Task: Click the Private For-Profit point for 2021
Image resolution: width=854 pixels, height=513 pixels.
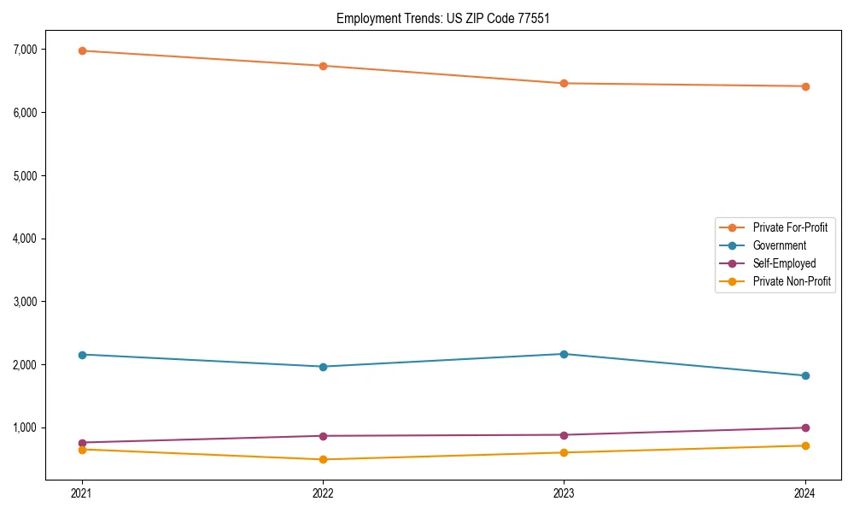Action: click(82, 50)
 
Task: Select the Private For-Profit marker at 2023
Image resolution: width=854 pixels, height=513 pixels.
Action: click(564, 83)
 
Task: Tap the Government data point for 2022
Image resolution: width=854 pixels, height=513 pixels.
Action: click(323, 367)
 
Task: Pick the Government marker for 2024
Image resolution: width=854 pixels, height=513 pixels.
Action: click(805, 375)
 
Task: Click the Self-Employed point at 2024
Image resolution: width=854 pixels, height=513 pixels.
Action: click(805, 427)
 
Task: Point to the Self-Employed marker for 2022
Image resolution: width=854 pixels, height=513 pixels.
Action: click(323, 436)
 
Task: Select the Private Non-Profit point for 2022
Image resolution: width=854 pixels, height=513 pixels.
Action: click(323, 459)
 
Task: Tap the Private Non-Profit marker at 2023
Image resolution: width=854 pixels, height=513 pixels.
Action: click(564, 452)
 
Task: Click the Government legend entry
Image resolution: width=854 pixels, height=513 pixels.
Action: click(779, 245)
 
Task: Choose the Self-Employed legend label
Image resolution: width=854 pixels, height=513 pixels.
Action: click(784, 263)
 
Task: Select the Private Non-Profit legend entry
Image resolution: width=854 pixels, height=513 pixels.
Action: click(792, 281)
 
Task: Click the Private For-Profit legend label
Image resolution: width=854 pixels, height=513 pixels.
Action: click(790, 227)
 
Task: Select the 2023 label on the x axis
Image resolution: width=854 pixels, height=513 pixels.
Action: click(564, 493)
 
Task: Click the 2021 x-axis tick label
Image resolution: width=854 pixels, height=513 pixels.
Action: click(82, 493)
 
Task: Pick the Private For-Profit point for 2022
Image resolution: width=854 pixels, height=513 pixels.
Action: click(323, 66)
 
